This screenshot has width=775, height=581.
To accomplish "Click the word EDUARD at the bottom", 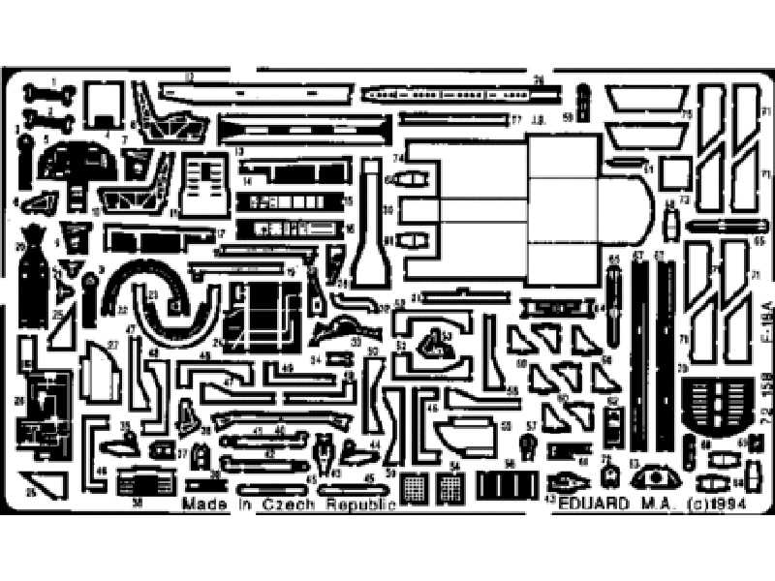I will click(585, 505).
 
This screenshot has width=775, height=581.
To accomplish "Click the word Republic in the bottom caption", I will click(359, 505).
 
